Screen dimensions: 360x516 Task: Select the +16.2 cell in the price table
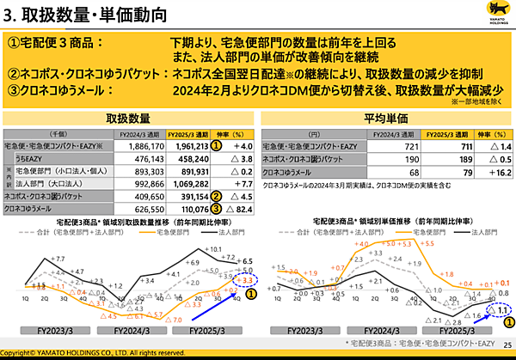click(493, 171)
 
